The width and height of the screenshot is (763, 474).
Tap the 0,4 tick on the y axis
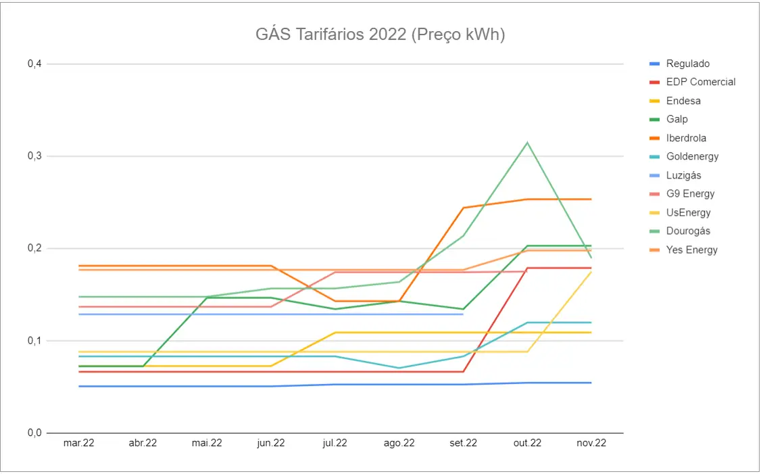pos(34,64)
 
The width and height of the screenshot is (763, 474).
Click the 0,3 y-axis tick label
pos(34,156)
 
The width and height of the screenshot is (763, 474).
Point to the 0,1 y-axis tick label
pos(34,341)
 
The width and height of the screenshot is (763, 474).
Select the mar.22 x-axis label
pos(78,444)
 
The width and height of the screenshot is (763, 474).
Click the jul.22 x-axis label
pos(335,444)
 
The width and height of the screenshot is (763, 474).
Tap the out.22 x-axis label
pos(527,444)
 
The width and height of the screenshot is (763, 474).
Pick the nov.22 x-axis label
pos(591,444)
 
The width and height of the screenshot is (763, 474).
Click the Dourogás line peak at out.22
pos(527,143)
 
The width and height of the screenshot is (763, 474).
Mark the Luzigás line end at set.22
pos(463,314)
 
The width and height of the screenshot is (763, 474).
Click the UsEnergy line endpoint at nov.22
pos(591,271)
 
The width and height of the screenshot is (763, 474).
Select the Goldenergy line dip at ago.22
pos(399,368)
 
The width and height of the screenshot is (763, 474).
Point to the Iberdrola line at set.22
pos(463,208)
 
